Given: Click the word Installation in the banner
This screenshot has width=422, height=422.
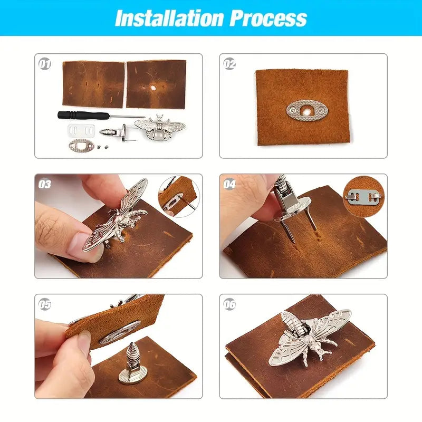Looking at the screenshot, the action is (x=169, y=18).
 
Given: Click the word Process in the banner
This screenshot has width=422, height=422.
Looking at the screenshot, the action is (x=268, y=18).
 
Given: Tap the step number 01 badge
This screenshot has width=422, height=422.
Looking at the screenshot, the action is (x=44, y=64).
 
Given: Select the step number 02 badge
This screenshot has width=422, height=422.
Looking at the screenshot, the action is (x=229, y=64).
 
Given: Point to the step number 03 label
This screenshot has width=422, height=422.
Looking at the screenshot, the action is (x=44, y=184).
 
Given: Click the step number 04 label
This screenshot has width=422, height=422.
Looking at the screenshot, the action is (x=229, y=184).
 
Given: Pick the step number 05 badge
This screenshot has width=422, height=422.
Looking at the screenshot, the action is (x=44, y=304).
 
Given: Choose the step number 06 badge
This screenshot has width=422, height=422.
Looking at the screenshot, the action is (x=229, y=304).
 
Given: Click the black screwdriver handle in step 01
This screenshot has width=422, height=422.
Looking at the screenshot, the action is (x=83, y=115).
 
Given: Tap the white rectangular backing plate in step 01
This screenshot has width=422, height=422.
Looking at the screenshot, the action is (x=81, y=130).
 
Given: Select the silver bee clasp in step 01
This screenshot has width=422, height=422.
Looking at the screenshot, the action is (x=160, y=127).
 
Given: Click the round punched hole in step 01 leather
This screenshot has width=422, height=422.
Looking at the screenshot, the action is (x=154, y=88).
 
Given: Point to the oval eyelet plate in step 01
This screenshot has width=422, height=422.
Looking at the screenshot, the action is (x=81, y=146).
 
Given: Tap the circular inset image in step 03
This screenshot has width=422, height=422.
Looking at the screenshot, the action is (x=179, y=197).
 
